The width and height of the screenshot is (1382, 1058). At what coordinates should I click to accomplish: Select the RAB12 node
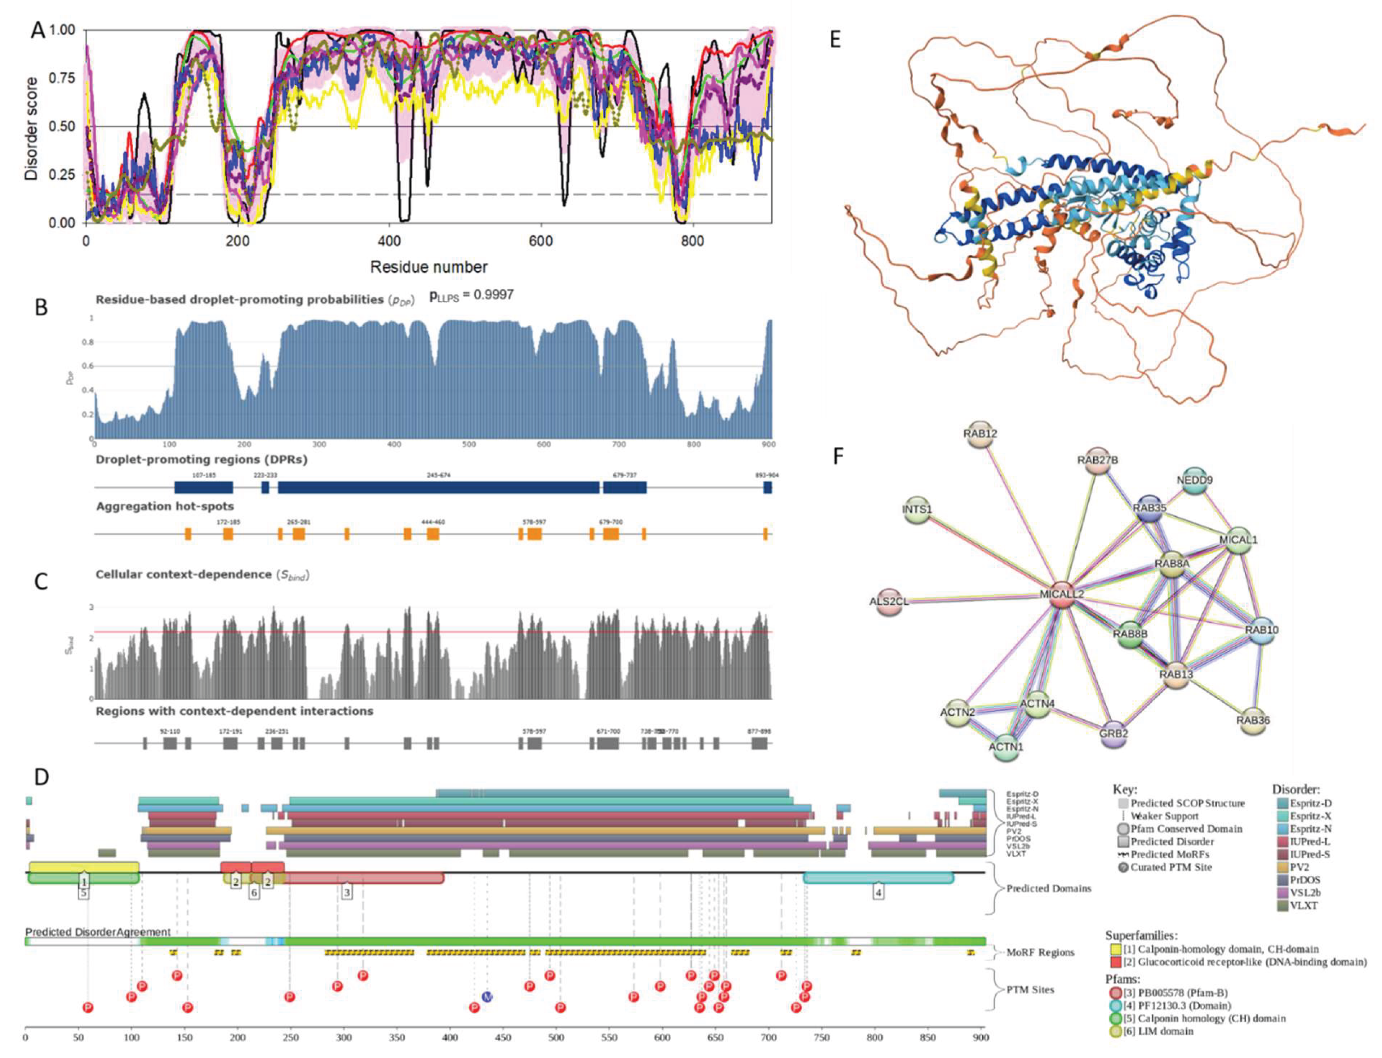coord(980,434)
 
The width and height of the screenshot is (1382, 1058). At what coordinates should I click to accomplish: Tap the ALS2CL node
coord(889,601)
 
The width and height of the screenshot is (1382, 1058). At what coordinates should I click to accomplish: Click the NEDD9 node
coord(1194,480)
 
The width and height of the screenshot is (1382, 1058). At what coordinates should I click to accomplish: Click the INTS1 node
coord(917,509)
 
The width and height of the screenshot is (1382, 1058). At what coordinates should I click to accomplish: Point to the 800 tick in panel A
coord(692,241)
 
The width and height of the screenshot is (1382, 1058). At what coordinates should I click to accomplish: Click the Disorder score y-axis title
coord(31,129)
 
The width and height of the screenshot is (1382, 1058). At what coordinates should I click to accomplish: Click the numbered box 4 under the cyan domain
coord(878,892)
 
